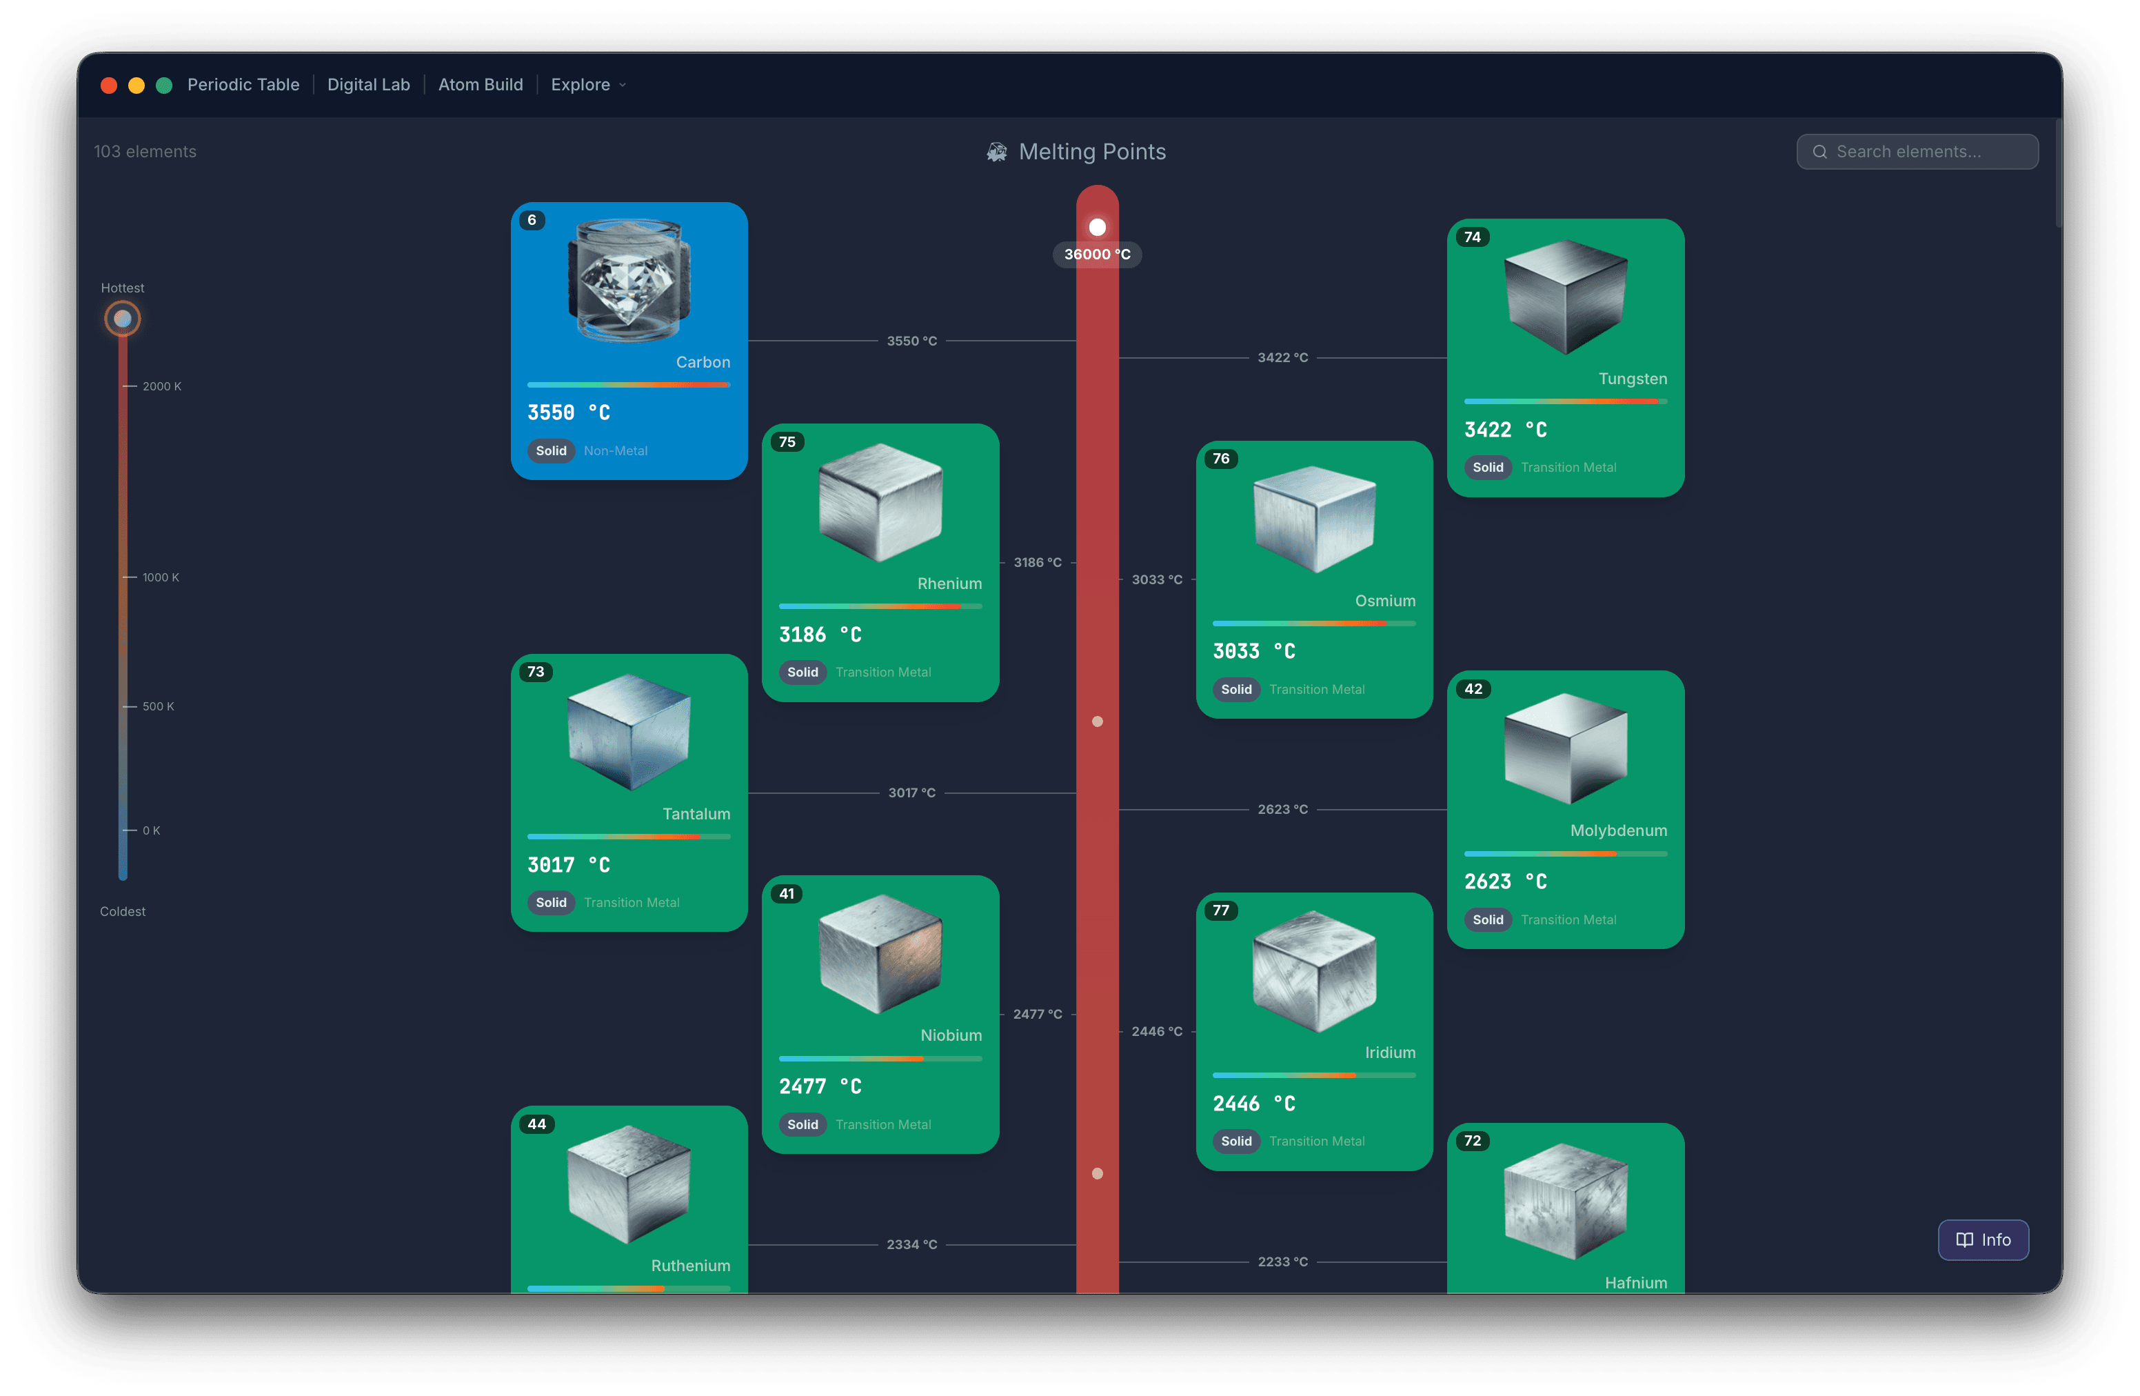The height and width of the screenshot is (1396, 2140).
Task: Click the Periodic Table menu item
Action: pos(243,85)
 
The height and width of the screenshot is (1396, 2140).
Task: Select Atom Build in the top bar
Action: pos(480,85)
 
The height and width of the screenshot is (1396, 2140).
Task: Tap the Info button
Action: pos(1983,1239)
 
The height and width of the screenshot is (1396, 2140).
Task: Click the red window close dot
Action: pos(109,86)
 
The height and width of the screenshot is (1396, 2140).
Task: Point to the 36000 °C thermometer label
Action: pos(1097,255)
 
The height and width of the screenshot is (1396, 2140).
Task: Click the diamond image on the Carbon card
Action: pos(629,281)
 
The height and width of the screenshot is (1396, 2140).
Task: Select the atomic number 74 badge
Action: pos(1472,237)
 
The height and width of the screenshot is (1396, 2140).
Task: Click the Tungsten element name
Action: pos(1632,379)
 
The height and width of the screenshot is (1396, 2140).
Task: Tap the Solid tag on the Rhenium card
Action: pos(802,672)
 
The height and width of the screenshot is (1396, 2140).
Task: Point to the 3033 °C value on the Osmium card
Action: pos(1253,651)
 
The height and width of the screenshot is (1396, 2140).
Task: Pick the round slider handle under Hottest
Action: pos(122,319)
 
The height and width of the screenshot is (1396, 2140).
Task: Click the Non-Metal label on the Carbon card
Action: pos(615,450)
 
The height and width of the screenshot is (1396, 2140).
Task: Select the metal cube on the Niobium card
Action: pos(880,953)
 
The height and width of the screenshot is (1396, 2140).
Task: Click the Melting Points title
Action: pos(1091,152)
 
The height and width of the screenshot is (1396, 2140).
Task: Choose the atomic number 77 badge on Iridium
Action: pos(1220,910)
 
